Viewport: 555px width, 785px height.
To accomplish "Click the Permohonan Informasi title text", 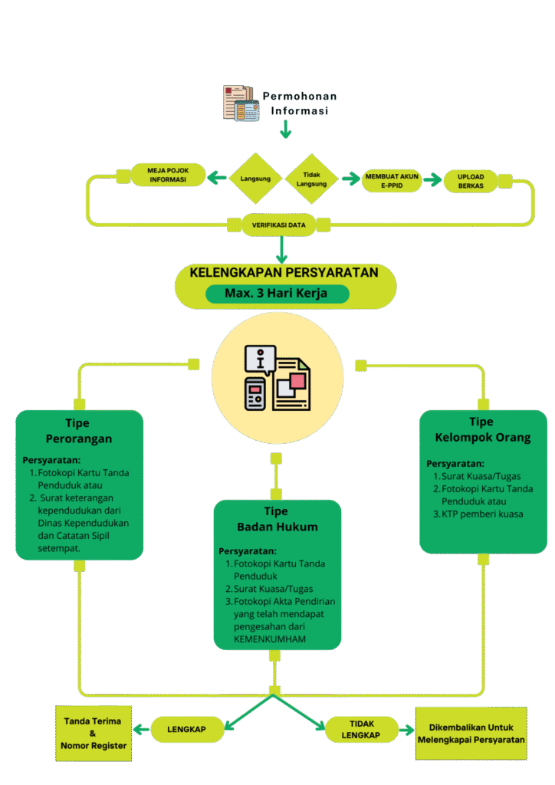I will [299, 103].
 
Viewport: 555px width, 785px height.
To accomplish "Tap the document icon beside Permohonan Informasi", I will [241, 103].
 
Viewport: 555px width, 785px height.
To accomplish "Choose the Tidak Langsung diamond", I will [311, 179].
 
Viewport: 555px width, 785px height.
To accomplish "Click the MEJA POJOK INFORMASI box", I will [168, 175].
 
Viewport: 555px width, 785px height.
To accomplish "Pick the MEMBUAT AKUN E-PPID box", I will [392, 181].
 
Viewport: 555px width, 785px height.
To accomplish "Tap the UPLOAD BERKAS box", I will [471, 181].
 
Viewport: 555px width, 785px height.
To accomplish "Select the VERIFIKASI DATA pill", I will [279, 225].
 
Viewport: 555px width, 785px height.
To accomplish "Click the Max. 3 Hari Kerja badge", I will [277, 294].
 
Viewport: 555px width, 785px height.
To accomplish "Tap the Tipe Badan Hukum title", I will [276, 519].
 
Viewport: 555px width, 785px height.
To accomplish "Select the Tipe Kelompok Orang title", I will [482, 430].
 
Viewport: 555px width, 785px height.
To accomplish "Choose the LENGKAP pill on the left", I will [186, 730].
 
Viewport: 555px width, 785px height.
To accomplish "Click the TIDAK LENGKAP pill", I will [362, 730].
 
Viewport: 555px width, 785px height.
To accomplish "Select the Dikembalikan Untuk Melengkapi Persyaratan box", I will [471, 732].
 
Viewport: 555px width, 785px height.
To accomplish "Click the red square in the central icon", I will [297, 380].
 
